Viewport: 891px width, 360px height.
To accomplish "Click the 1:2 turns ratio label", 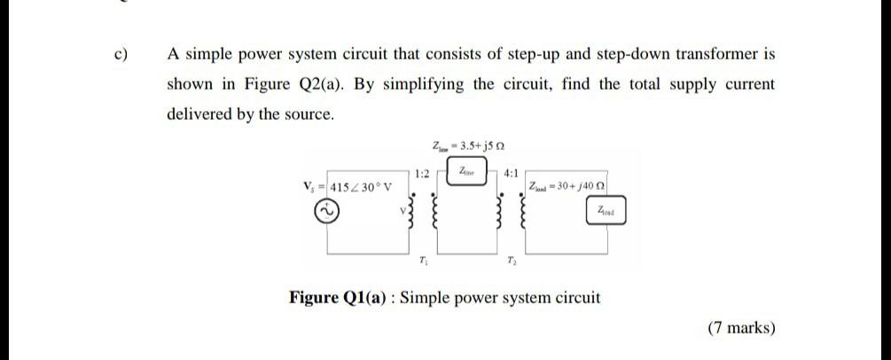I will pos(422,174).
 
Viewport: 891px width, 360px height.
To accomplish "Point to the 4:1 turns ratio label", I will pos(512,174).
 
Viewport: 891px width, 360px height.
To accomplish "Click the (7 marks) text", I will pos(741,328).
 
